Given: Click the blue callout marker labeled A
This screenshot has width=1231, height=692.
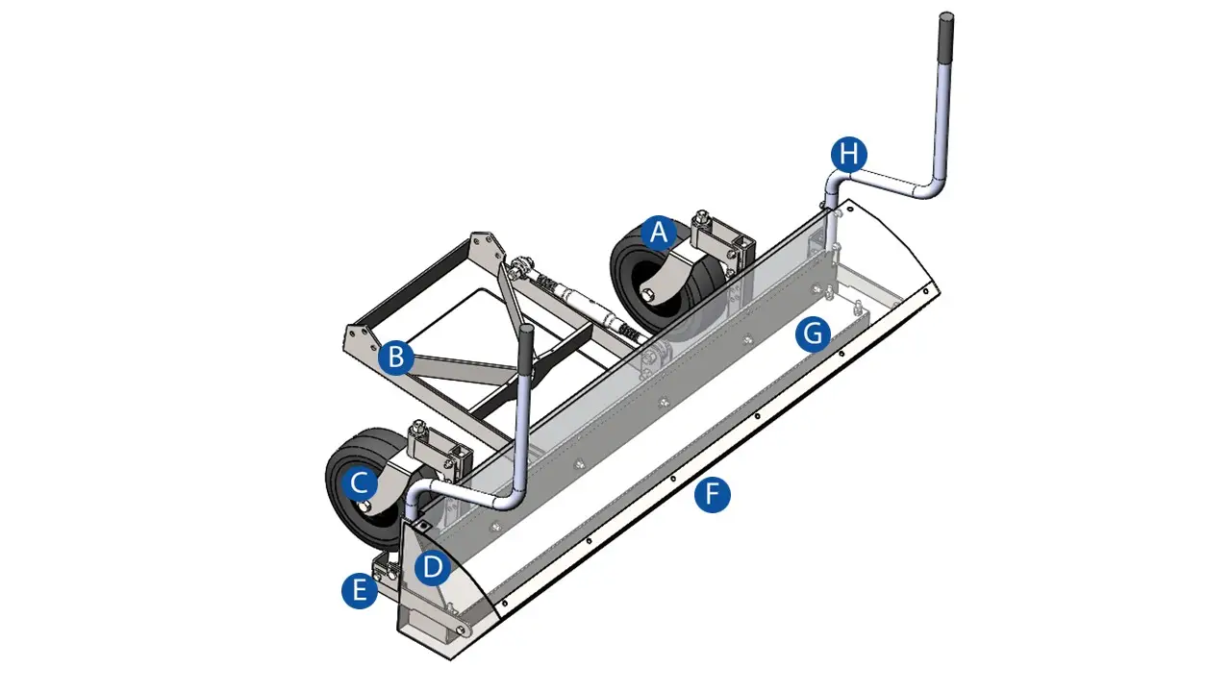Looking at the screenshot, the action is click(659, 234).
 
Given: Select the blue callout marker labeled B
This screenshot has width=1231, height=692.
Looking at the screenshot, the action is click(396, 357).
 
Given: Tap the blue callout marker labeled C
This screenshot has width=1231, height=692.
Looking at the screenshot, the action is click(360, 483).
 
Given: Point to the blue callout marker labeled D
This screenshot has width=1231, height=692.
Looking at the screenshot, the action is click(433, 567).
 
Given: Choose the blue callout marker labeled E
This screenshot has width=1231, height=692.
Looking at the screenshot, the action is click(360, 590).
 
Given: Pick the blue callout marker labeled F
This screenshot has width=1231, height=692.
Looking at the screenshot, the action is click(713, 494).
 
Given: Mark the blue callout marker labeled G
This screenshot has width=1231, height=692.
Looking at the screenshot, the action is click(813, 334).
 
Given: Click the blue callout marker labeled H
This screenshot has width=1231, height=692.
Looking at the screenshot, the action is click(849, 155).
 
